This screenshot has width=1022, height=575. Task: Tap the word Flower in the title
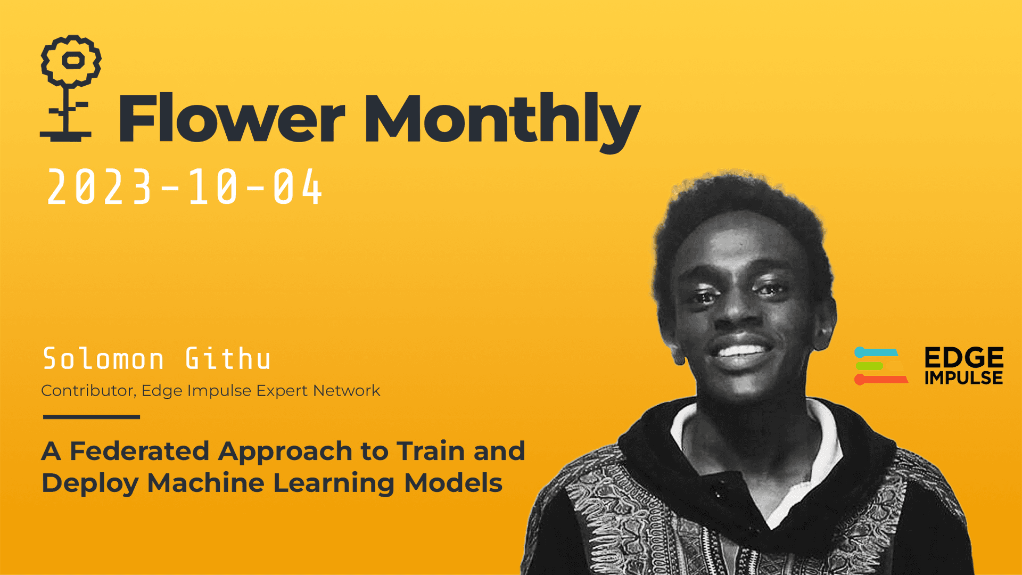232,118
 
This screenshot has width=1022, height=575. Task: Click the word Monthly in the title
501,120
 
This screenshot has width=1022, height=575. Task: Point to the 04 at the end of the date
298,187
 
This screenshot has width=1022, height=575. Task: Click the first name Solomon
103,359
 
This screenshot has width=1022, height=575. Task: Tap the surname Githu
228,359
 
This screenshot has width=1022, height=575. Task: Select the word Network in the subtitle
347,391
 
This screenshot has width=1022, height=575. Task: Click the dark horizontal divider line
92,417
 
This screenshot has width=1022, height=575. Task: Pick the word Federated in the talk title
139,451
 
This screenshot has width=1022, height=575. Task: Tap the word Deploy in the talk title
90,483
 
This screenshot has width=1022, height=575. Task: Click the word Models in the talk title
453,483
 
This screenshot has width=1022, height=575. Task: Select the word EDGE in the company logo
963,357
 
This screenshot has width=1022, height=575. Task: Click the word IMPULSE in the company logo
963,378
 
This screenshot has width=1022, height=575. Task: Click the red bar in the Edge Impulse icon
881,380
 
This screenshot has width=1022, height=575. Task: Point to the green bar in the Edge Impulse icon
870,366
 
